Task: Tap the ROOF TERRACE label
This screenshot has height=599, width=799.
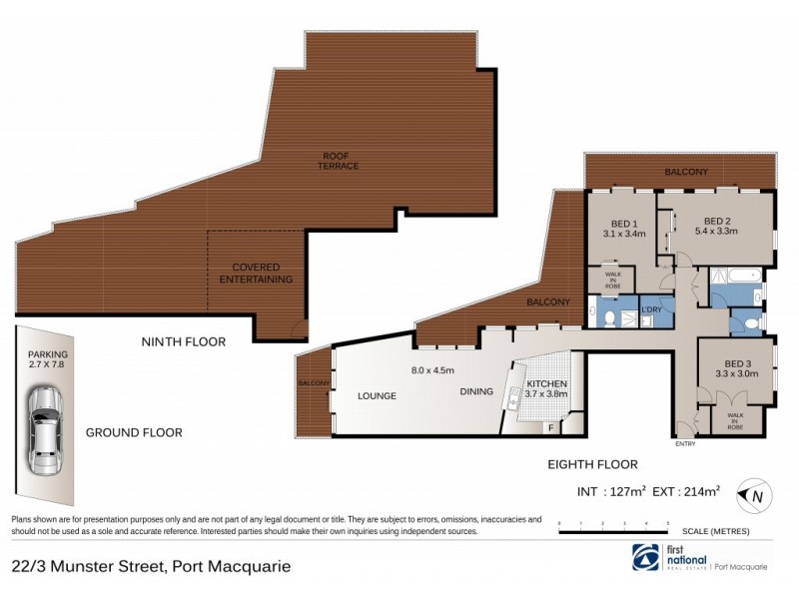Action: pos(340,160)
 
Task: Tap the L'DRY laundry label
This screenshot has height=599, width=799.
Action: pos(651,310)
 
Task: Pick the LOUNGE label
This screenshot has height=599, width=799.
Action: pos(377,395)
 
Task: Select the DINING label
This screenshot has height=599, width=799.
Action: pos(476,391)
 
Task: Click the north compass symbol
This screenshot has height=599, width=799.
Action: pos(752,493)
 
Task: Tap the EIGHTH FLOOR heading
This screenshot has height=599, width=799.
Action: pos(593,464)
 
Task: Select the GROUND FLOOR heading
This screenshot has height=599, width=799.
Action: pos(134,432)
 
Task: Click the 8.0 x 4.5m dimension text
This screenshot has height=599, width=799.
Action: pos(432,370)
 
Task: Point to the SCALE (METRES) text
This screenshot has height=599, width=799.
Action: pos(715,531)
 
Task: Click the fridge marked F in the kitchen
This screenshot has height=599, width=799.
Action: pos(550,427)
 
